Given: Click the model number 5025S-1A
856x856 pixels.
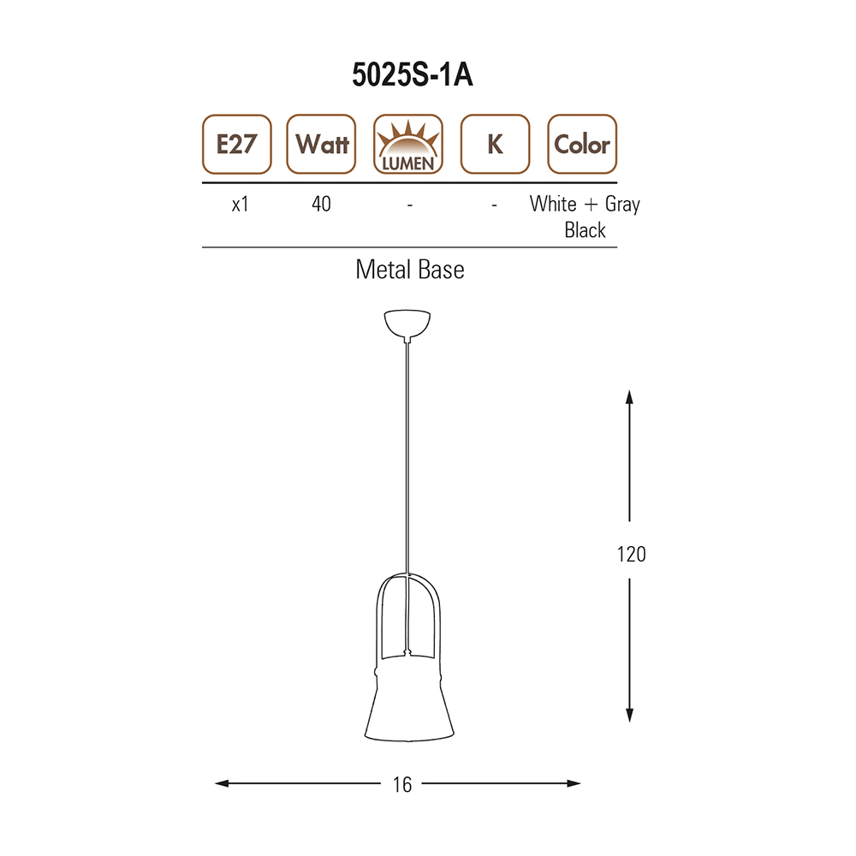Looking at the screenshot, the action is (x=413, y=74).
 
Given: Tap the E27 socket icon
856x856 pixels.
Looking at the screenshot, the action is (x=237, y=144).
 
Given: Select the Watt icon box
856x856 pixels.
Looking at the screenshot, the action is (x=322, y=144).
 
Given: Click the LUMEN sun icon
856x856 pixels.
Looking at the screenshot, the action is (x=408, y=144).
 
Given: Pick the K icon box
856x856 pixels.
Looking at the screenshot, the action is (x=495, y=144).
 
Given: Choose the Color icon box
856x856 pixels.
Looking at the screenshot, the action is (x=582, y=144).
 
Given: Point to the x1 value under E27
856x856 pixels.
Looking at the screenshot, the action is (x=241, y=205).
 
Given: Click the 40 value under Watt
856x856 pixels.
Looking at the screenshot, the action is (x=322, y=205).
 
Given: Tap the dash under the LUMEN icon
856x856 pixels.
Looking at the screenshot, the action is (x=409, y=205).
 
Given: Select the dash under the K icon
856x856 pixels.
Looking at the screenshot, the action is (x=494, y=205).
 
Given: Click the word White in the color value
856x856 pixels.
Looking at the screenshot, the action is (x=553, y=204).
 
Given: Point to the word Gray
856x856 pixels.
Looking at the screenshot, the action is (x=622, y=205).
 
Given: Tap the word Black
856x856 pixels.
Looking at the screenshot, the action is (x=586, y=229).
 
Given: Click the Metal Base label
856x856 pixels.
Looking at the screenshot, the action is (x=410, y=270).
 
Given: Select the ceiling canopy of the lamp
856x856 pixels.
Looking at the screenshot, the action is (x=407, y=324).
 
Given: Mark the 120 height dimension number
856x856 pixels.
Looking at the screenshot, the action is (x=632, y=554).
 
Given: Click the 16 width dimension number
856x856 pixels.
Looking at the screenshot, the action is (x=402, y=785).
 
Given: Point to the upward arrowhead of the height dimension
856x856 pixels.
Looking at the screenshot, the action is (x=629, y=397).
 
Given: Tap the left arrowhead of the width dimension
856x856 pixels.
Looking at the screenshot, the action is (x=222, y=783).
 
